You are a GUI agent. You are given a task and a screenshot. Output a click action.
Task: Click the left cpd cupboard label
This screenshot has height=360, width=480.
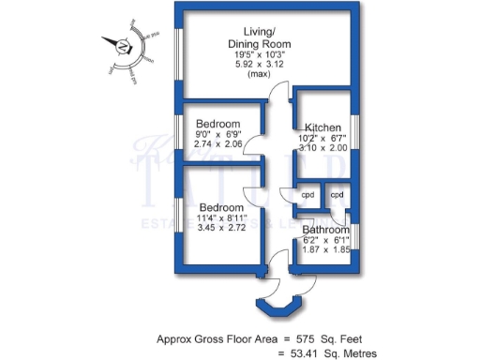pos(307,195)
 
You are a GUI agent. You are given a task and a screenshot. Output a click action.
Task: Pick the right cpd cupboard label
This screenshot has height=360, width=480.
pos(337,195)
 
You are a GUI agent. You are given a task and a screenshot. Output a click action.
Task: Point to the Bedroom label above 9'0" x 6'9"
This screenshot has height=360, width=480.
pos(218,125)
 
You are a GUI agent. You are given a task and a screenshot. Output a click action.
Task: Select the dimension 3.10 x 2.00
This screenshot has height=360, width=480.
pos(323,147)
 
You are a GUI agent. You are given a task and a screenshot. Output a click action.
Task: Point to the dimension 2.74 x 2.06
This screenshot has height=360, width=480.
pos(217,144)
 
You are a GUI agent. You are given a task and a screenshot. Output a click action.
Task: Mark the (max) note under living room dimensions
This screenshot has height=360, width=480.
pos(259,74)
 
